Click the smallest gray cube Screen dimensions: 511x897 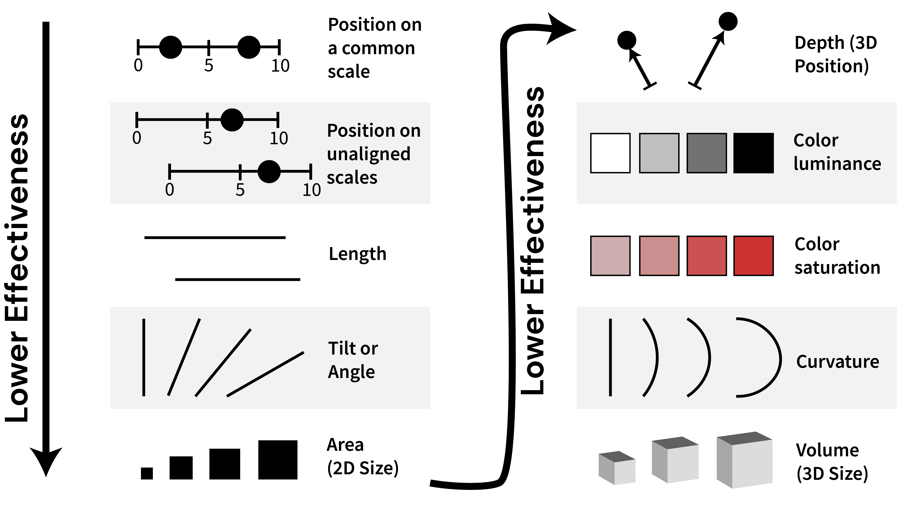[617, 468]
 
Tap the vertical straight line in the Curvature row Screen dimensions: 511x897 [610, 357]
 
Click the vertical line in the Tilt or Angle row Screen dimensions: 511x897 [144, 357]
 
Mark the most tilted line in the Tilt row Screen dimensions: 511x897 [265, 374]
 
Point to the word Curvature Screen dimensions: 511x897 [837, 362]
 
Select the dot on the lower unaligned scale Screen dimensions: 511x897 [269, 172]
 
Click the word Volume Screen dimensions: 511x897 [827, 450]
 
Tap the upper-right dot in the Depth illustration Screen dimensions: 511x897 [728, 21]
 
